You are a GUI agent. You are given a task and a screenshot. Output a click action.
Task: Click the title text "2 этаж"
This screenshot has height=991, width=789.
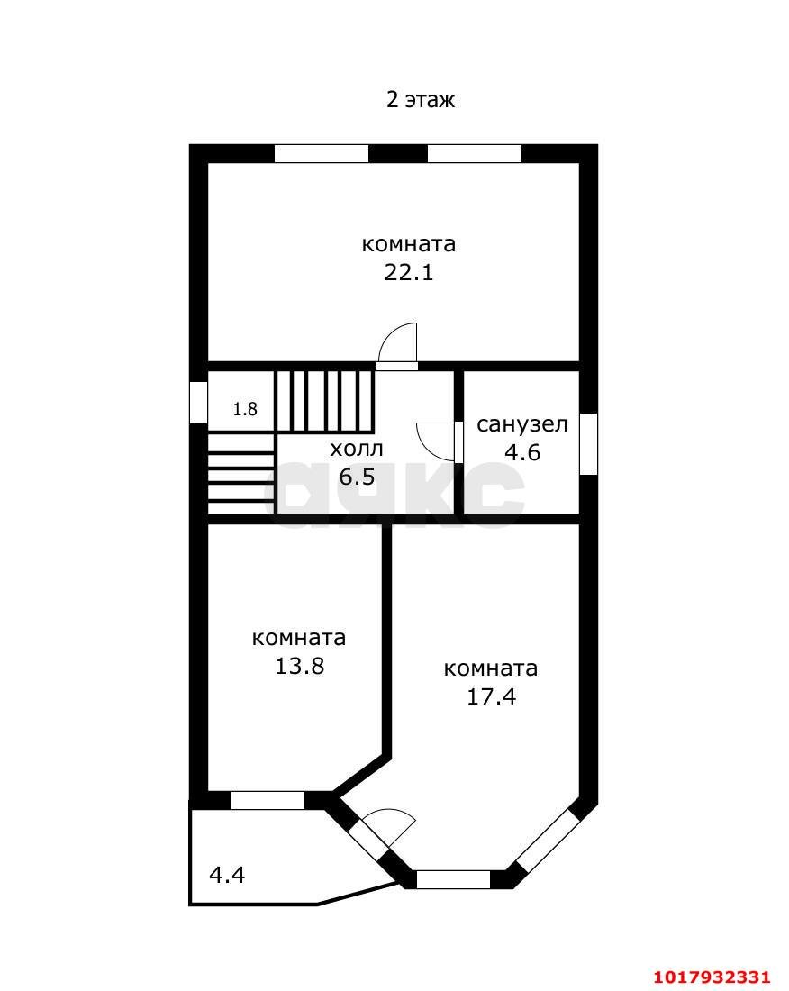[420, 100]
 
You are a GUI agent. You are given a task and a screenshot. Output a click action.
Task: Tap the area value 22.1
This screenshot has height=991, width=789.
[409, 272]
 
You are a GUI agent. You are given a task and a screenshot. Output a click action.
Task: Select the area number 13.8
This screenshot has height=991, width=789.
[299, 666]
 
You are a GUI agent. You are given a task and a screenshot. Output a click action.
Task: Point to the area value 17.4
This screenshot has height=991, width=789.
[491, 696]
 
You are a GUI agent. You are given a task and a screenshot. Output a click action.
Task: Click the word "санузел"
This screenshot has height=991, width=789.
[521, 424]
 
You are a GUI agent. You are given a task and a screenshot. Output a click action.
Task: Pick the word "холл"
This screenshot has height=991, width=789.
[357, 449]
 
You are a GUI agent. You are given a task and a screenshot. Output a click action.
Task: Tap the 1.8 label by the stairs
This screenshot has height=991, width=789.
[245, 409]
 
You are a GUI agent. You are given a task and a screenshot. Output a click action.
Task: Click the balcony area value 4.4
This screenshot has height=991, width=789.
[227, 875]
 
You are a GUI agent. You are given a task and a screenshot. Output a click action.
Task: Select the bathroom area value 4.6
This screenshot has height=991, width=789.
[521, 452]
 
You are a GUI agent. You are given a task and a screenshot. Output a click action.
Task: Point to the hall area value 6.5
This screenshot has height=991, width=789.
[357, 477]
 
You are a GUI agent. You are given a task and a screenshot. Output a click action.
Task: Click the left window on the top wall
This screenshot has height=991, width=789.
[322, 153]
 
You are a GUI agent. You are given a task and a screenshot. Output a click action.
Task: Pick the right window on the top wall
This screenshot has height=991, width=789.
[475, 153]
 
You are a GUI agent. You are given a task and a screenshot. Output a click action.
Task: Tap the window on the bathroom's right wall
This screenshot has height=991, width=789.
[589, 443]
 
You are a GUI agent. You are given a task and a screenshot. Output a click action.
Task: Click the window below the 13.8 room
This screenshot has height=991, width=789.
[268, 800]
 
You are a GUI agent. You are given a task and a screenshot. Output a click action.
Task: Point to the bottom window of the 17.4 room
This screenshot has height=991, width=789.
[453, 879]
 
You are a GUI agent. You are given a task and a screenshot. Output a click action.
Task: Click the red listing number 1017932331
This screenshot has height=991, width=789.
[712, 977]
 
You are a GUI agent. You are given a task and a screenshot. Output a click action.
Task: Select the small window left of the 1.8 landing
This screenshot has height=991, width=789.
[199, 402]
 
